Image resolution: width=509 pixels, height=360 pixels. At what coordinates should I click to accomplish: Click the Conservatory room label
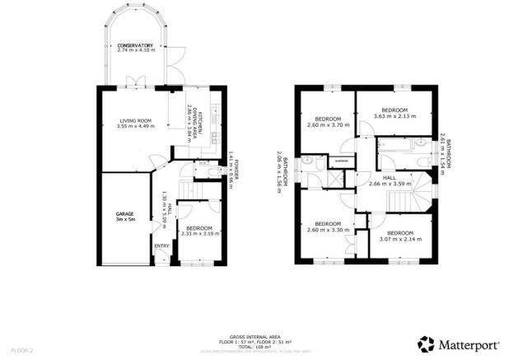coord(136,48)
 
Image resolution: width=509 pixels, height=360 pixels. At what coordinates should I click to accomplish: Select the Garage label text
coord(124,217)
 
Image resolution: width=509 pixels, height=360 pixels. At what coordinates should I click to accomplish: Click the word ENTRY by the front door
coord(161,245)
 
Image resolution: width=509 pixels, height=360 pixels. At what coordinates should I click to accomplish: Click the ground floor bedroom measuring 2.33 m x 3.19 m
coord(199,231)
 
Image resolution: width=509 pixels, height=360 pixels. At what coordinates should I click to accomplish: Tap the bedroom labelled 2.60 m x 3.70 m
coord(328,121)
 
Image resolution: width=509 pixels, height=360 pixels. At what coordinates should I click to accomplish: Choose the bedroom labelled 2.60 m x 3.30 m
coord(328,226)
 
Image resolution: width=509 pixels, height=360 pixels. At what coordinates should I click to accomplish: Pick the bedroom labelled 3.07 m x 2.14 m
coord(399,236)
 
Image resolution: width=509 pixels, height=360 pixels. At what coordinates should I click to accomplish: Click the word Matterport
coord(468,344)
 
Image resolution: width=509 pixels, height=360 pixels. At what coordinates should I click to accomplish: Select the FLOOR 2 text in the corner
coord(14,349)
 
